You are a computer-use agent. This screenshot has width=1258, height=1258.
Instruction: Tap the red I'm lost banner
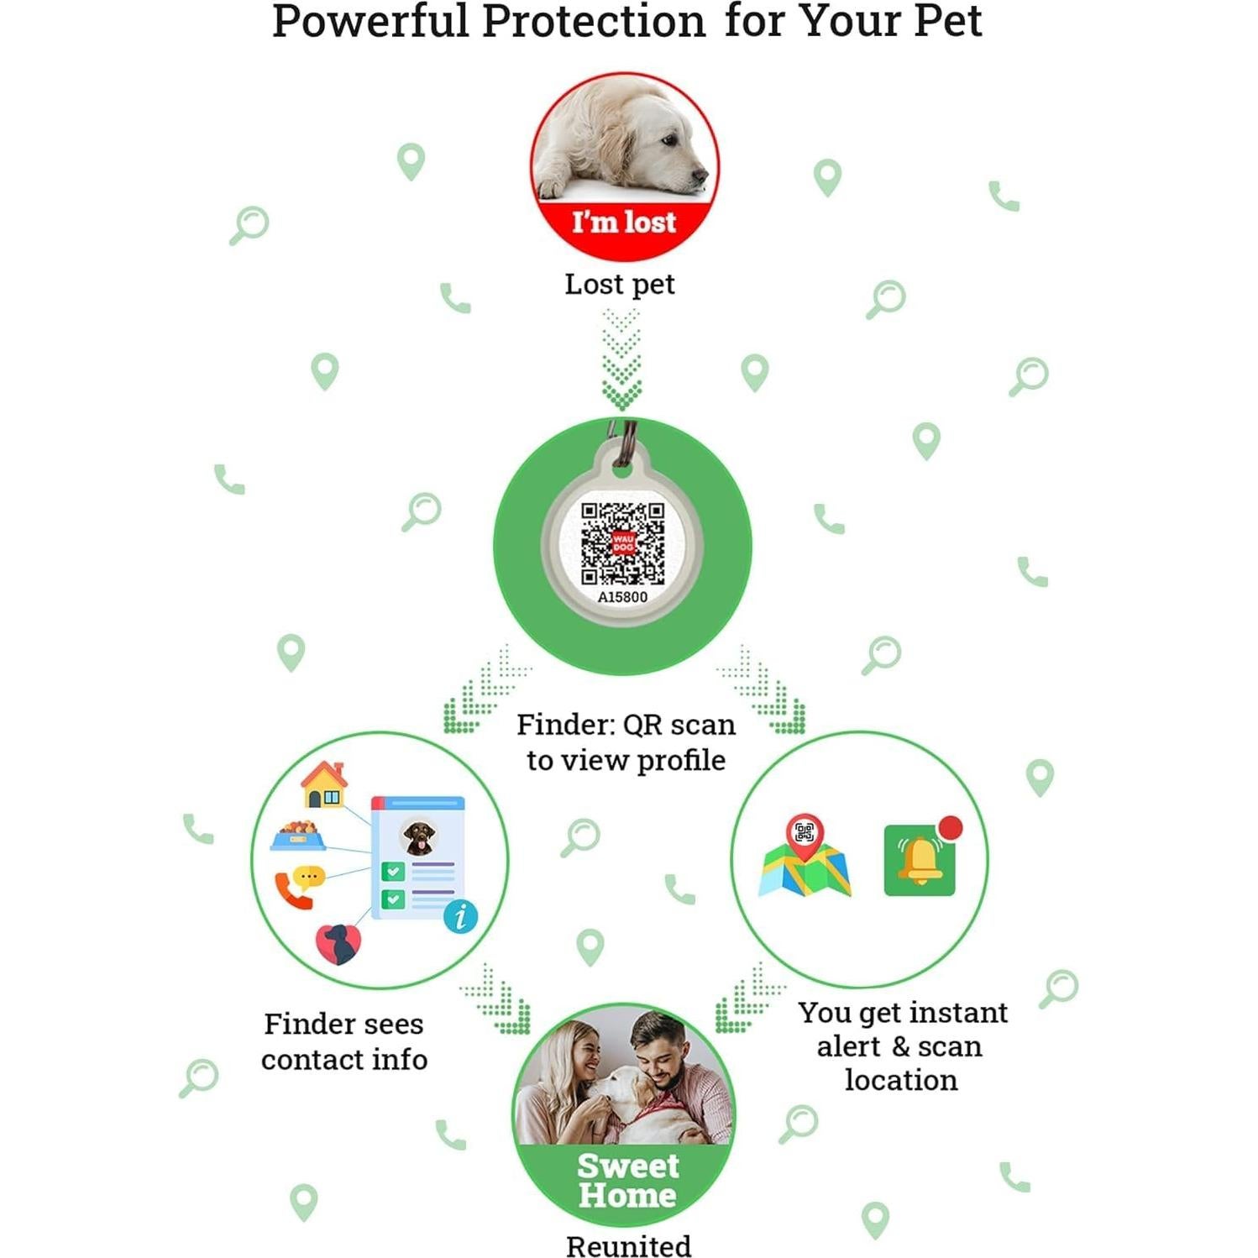(624, 223)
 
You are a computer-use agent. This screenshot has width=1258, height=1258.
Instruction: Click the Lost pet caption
(620, 285)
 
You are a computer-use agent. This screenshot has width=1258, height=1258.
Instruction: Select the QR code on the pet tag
(623, 543)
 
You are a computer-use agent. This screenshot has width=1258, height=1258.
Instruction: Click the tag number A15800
(622, 597)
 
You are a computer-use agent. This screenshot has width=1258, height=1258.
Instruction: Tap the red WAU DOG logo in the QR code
(623, 543)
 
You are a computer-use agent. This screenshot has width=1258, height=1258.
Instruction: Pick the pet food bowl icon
(298, 836)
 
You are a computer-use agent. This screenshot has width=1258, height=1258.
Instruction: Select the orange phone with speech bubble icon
(299, 886)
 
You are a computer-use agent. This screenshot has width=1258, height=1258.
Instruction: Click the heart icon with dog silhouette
(338, 944)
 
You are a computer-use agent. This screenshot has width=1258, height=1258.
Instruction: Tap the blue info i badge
(460, 916)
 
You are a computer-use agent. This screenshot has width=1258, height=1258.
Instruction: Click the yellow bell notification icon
(920, 860)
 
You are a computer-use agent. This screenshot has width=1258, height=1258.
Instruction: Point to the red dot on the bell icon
(951, 827)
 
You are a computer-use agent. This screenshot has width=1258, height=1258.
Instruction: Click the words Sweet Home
(627, 1180)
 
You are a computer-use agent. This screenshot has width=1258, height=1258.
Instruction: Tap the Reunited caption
(628, 1245)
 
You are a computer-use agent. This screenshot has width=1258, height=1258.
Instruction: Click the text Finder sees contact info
(344, 1041)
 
